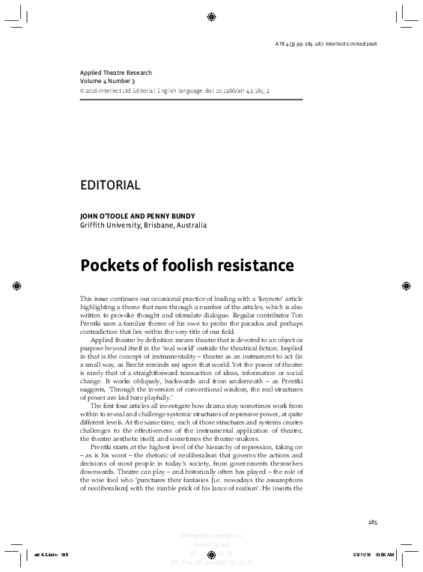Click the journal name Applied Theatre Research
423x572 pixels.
point(115,73)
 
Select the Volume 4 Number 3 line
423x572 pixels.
point(108,80)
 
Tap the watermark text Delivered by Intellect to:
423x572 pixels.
point(212,536)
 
